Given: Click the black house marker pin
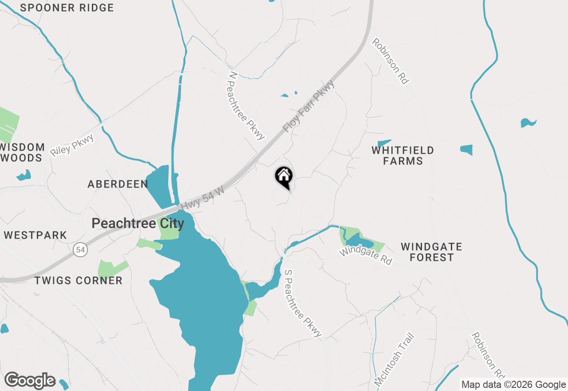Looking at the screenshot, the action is click(x=284, y=177).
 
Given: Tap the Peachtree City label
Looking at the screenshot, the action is click(x=138, y=223).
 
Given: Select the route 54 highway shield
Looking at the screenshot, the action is click(x=80, y=250).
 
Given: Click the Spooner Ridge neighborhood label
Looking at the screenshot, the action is click(x=67, y=8).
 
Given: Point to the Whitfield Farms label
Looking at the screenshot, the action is click(x=403, y=156).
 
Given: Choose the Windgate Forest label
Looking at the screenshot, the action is click(x=431, y=252).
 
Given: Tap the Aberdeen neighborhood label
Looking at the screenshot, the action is click(x=118, y=184).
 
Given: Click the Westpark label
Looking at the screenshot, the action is click(x=35, y=235).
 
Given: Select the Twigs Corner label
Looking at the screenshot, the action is click(x=78, y=280).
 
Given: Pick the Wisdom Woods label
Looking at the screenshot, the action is click(x=22, y=152).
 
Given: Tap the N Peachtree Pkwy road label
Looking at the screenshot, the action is click(x=246, y=106).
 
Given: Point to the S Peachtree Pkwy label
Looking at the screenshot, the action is click(x=303, y=303).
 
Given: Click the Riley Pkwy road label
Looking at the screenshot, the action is click(x=72, y=145).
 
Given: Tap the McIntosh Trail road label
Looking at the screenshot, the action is click(x=394, y=359).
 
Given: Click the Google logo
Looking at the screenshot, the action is click(x=30, y=381).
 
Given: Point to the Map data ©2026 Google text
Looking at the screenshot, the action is click(x=513, y=385).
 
